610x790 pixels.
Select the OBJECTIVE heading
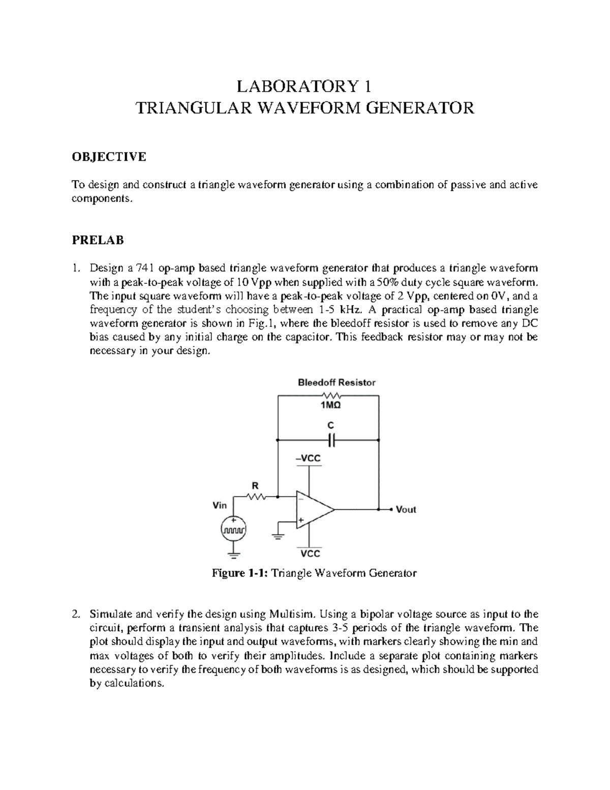(108, 157)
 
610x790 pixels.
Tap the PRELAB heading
(98, 240)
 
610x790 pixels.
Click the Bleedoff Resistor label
(337, 383)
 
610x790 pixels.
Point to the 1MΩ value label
(330, 406)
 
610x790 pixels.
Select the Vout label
(406, 509)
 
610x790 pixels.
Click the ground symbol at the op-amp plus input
(278, 536)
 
